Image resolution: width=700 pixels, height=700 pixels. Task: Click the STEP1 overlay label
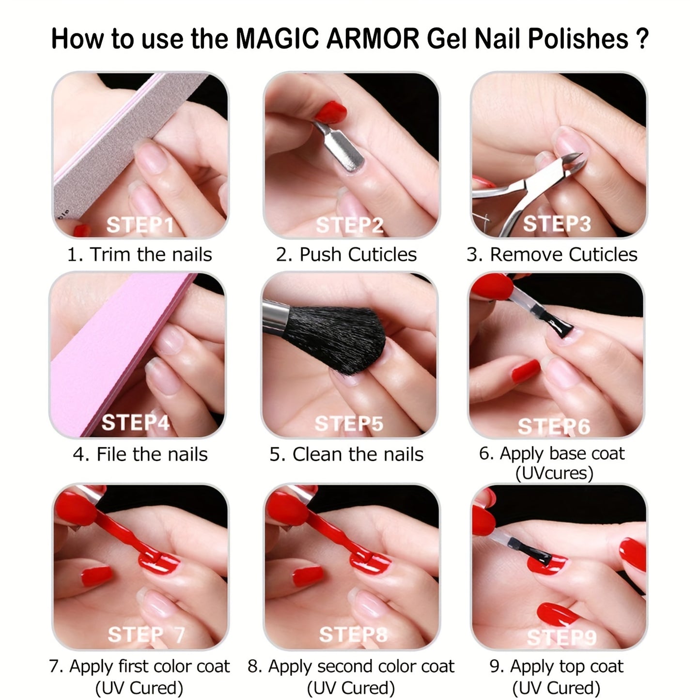[x=140, y=224]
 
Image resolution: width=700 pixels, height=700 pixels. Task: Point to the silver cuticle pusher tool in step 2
[x=340, y=147]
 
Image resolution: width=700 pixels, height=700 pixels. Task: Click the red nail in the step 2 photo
[x=330, y=111]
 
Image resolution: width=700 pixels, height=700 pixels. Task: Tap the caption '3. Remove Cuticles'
[x=552, y=254]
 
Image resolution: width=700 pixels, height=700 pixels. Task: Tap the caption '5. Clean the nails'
[x=346, y=454]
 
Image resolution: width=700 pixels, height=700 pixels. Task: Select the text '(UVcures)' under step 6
[x=554, y=473]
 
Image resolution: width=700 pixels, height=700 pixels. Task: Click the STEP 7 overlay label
[x=146, y=635]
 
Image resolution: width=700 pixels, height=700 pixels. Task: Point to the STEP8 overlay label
[x=353, y=635]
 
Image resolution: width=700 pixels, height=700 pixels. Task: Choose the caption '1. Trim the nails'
[x=140, y=254]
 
